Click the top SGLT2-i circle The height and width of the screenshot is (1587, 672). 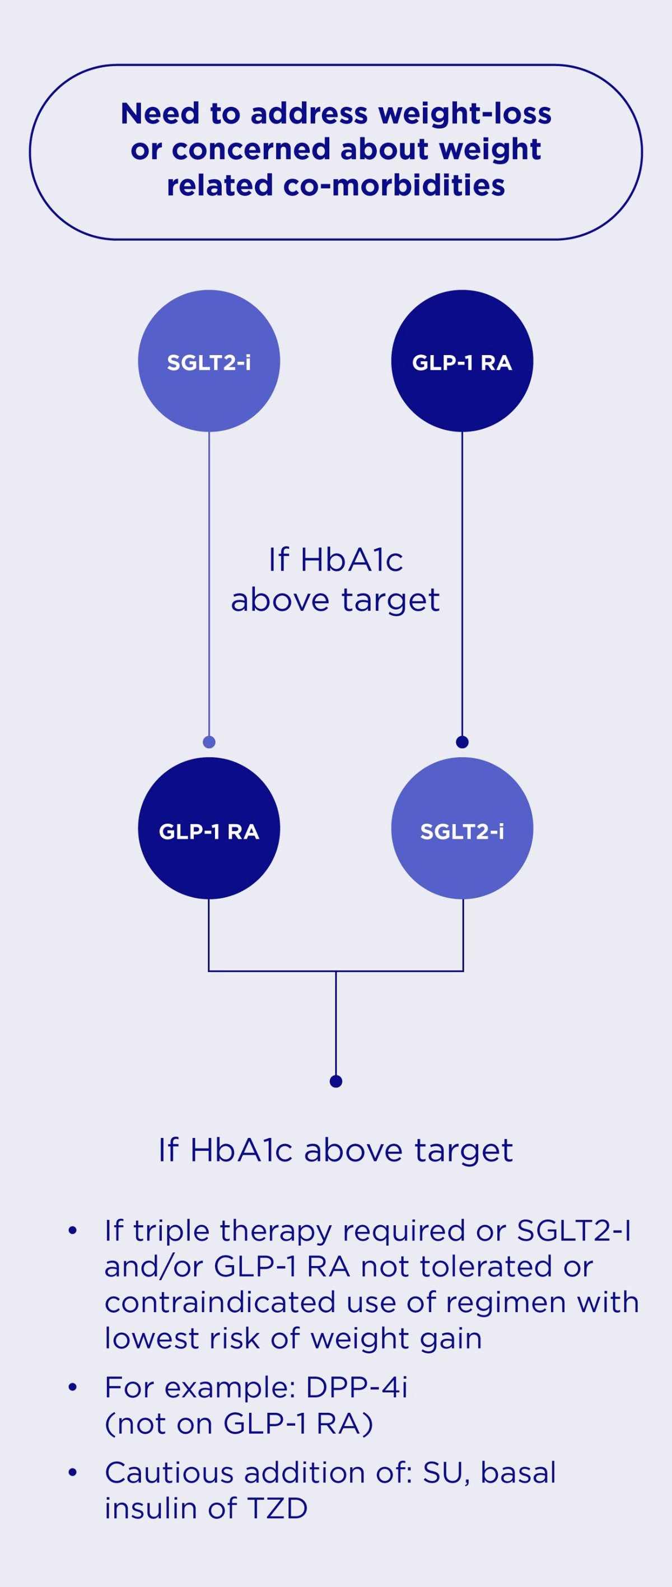209,361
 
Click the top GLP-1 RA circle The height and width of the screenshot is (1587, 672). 462,361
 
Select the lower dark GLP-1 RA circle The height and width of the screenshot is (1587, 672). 209,829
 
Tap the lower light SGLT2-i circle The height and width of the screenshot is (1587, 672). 462,829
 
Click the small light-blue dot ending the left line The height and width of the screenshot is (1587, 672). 209,742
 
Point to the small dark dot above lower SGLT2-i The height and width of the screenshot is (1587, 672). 462,742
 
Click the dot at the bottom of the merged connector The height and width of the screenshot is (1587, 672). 335,1081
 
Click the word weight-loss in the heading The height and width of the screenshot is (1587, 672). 465,114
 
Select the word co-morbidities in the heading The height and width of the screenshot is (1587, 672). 394,185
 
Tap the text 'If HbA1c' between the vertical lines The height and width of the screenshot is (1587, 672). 335,560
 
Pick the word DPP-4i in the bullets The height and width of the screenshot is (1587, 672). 357,1388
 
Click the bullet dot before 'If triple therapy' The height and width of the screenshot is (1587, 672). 73,1231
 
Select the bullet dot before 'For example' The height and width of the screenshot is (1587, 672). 73,1388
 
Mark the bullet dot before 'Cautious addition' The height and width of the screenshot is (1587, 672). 73,1473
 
